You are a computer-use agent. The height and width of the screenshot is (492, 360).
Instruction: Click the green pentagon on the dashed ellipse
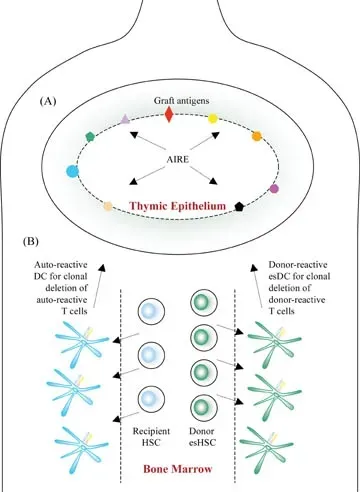pyautogui.click(x=91, y=136)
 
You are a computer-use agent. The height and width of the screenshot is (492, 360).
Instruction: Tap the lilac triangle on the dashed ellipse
pyautogui.click(x=125, y=118)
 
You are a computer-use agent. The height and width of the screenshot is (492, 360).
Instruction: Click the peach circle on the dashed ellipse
pyautogui.click(x=107, y=206)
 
